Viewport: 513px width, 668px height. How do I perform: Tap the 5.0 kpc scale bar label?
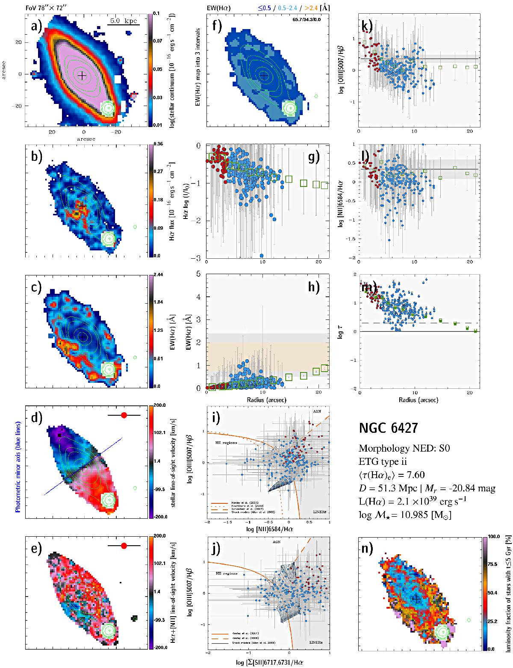click(x=124, y=20)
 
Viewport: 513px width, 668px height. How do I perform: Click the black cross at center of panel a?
click(x=82, y=75)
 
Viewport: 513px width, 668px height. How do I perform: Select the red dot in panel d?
click(x=124, y=415)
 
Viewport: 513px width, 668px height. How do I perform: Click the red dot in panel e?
click(x=124, y=546)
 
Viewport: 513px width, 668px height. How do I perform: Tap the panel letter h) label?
click(x=314, y=287)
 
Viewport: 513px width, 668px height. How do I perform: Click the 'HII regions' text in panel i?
click(x=227, y=443)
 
